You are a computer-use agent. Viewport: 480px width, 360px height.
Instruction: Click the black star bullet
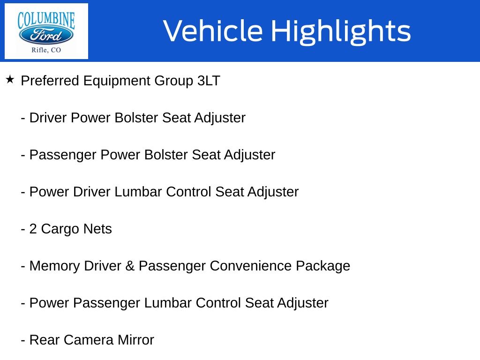(10, 80)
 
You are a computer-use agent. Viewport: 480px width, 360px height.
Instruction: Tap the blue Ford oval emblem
(46, 35)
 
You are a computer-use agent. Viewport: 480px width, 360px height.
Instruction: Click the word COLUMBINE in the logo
(46, 20)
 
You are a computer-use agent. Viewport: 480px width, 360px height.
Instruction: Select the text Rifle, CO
(46, 50)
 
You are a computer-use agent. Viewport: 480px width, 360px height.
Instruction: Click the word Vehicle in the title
(213, 30)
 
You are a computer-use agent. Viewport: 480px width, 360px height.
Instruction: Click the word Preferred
(50, 81)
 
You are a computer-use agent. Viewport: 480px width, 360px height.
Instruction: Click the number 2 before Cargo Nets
(33, 229)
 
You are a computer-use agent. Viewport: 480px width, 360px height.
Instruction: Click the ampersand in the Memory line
(130, 266)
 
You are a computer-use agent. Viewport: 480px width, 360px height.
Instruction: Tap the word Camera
(89, 340)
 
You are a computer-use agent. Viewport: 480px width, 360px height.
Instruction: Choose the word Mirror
(135, 340)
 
